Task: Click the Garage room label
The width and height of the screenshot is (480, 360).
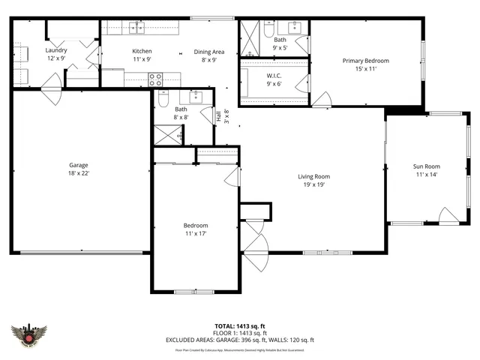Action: click(79, 165)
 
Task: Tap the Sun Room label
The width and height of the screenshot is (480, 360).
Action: click(426, 166)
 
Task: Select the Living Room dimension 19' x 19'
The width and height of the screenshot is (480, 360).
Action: click(316, 184)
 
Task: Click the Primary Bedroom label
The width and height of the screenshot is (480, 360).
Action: click(365, 61)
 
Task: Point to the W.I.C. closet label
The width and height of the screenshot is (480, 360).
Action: click(274, 76)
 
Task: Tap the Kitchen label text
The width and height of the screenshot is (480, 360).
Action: click(142, 51)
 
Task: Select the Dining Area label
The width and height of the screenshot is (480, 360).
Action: click(209, 52)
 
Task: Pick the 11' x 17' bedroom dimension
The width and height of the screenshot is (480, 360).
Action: click(196, 233)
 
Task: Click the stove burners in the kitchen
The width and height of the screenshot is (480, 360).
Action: click(155, 77)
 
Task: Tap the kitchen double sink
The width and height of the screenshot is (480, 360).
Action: click(136, 28)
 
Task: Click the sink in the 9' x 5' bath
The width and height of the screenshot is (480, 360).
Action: click(295, 27)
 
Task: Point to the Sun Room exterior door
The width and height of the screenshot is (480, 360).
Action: click(448, 217)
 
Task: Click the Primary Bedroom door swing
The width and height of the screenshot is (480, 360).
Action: click(323, 100)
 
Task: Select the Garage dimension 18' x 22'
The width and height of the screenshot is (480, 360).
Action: click(79, 173)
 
